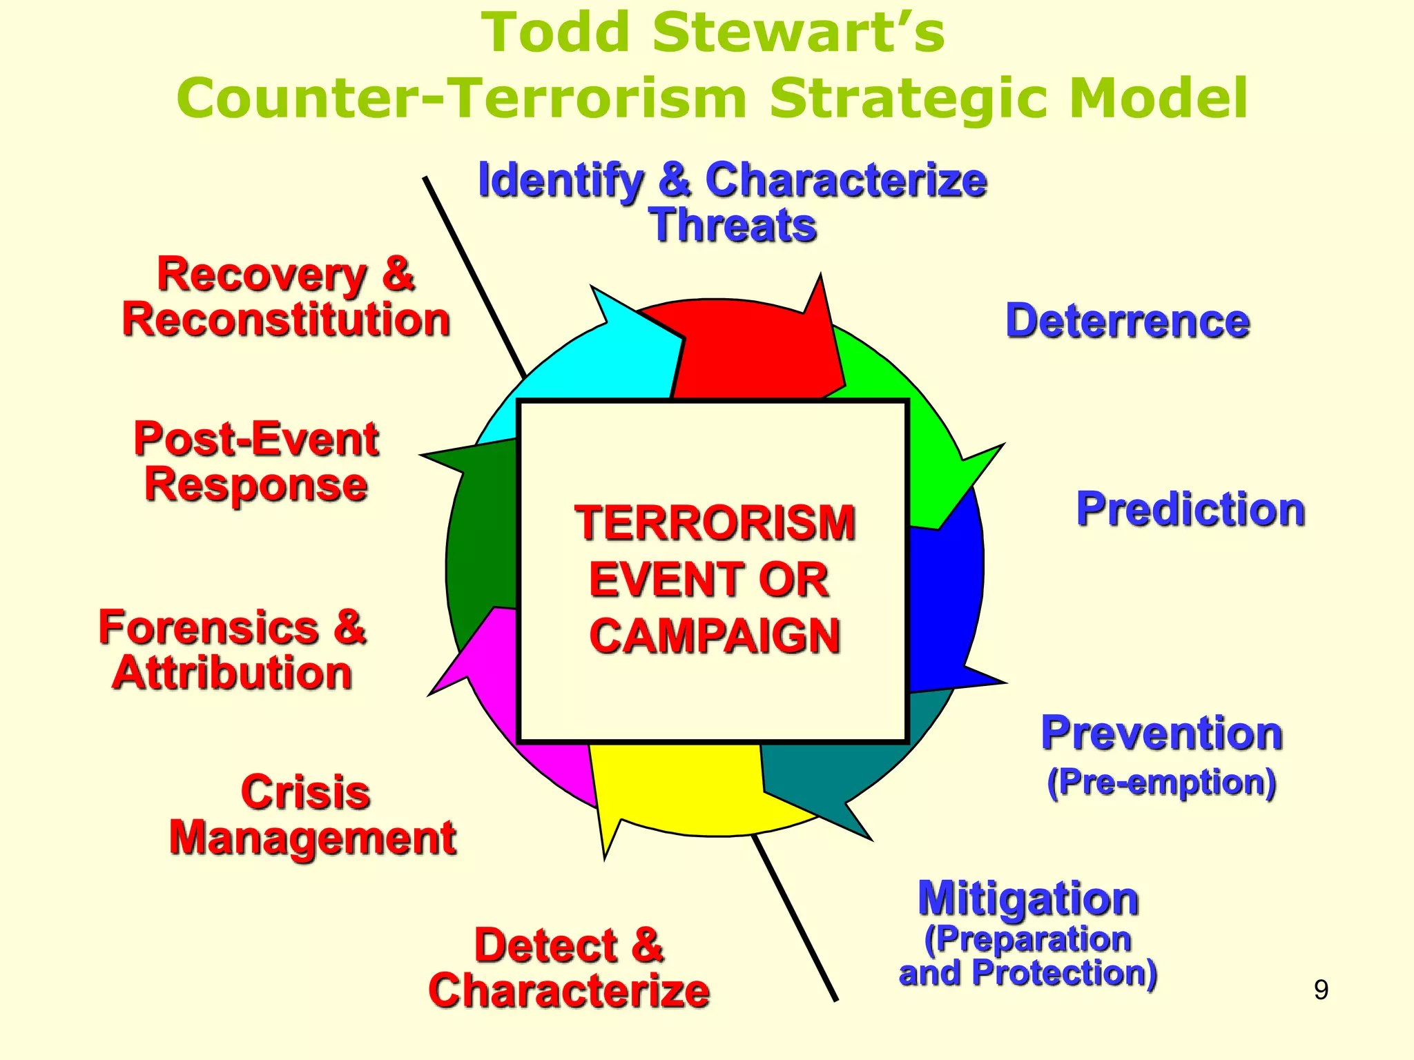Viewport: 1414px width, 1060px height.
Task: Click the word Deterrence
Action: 1127,322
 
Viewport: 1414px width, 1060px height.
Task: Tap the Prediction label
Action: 1190,509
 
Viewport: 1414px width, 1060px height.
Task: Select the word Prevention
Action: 1161,733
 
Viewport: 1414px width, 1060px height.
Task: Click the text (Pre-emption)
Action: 1161,783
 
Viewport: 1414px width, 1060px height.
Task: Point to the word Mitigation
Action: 1027,899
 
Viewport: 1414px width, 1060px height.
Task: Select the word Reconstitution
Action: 286,320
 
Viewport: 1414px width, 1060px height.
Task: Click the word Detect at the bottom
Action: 545,945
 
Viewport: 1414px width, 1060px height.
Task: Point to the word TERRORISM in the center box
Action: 715,523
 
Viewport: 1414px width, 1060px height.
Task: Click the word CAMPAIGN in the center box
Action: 715,636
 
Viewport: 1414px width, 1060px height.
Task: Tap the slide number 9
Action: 1320,990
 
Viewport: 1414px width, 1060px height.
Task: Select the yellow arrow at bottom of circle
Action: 677,787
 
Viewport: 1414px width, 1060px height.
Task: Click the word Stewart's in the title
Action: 797,33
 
